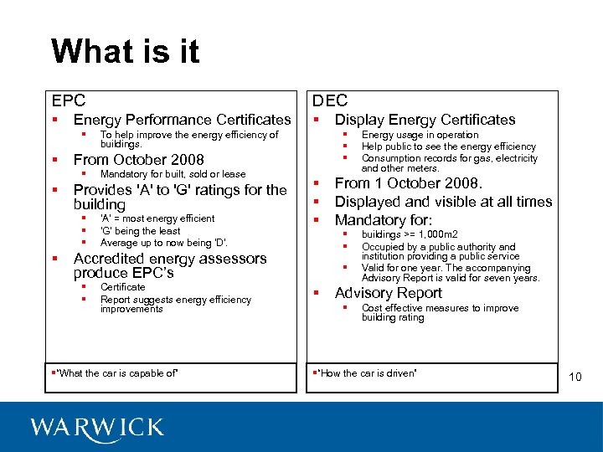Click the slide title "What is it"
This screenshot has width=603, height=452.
tap(125, 52)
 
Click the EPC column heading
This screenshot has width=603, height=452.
tap(69, 100)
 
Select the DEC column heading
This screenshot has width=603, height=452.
tap(330, 100)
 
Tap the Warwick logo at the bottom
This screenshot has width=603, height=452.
tap(97, 427)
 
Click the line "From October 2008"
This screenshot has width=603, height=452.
tap(138, 160)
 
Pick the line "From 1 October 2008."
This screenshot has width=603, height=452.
tap(409, 183)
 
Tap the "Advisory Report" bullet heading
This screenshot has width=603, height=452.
tap(389, 293)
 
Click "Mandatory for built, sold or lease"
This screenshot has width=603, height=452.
tap(173, 174)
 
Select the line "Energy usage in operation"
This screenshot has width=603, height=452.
tap(420, 135)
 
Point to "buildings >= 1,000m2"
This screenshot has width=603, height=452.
tap(410, 235)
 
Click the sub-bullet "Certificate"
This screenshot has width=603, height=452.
tap(122, 287)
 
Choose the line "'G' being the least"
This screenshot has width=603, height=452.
tap(140, 231)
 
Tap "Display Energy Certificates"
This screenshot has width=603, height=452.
tap(425, 121)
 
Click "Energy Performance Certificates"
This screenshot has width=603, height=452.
tap(183, 121)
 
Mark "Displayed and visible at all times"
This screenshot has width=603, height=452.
tap(443, 202)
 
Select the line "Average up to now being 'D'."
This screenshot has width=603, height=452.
tap(163, 243)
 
